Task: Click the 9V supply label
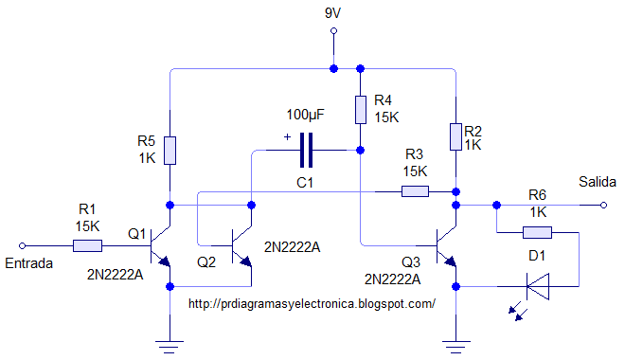pyautogui.click(x=333, y=13)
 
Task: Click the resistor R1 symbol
pyautogui.click(x=87, y=246)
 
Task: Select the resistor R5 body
pyautogui.click(x=170, y=150)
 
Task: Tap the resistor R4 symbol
pyautogui.click(x=361, y=109)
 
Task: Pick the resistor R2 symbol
pyautogui.click(x=455, y=136)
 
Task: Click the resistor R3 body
pyautogui.click(x=415, y=192)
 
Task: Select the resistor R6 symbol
pyautogui.click(x=537, y=232)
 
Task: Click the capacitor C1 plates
pyautogui.click(x=306, y=150)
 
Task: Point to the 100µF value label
pyautogui.click(x=305, y=115)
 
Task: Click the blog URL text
pyautogui.click(x=312, y=304)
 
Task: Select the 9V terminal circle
pyautogui.click(x=333, y=31)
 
